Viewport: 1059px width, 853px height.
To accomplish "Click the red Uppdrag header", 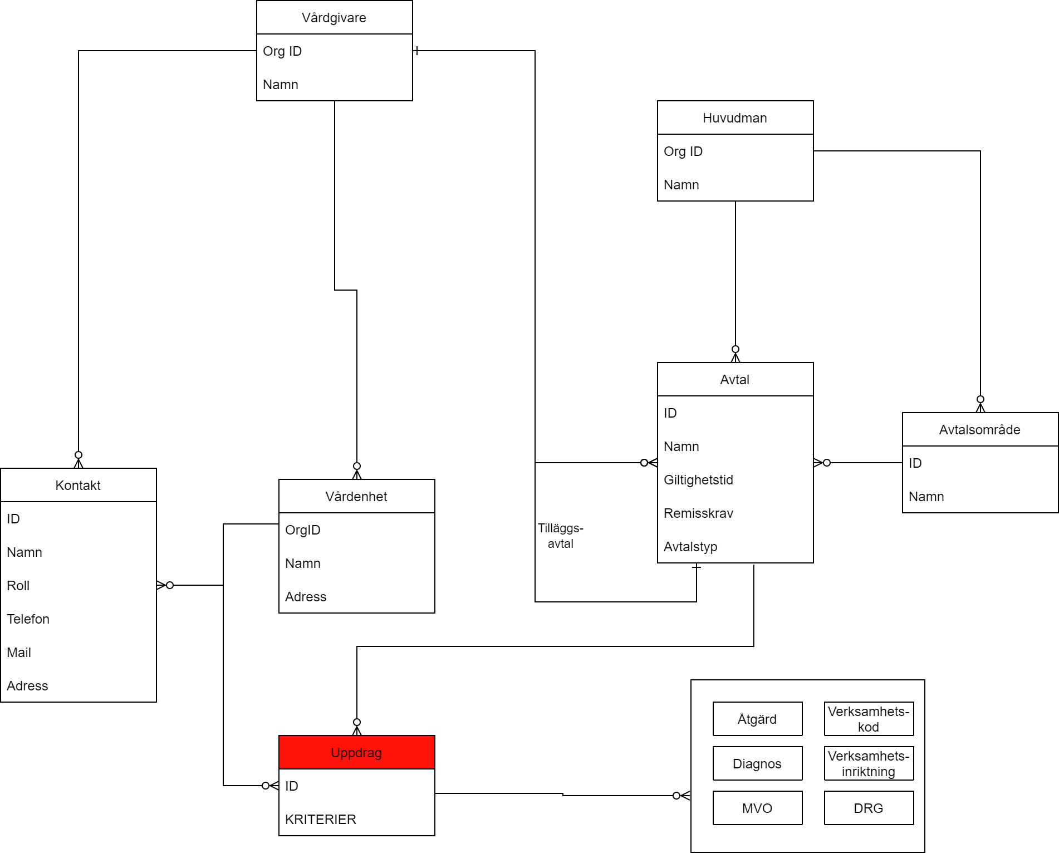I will point(356,752).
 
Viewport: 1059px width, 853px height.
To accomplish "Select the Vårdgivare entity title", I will point(334,18).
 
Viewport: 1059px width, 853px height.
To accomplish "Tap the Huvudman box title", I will point(735,118).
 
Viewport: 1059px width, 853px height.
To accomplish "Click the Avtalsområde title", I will point(980,430).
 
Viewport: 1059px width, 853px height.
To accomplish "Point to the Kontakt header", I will point(78,486).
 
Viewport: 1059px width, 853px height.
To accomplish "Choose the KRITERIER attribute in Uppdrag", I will point(321,819).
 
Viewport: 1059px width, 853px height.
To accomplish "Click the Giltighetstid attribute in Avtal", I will point(698,480).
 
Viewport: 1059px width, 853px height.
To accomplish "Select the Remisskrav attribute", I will point(698,513).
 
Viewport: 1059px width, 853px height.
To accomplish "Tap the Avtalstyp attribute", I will point(690,547).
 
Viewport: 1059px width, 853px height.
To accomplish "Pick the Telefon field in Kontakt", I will point(28,619).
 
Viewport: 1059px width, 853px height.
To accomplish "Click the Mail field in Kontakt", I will point(19,653).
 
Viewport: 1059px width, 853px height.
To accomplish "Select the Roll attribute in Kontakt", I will point(18,586).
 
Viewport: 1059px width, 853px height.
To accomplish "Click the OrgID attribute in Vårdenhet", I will point(303,530).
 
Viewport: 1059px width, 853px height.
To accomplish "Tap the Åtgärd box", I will point(757,719).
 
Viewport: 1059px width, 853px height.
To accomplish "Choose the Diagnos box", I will point(757,763).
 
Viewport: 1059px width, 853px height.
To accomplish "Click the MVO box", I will point(757,808).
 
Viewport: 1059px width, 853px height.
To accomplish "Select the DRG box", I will point(869,808).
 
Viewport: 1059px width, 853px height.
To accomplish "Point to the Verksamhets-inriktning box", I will point(869,763).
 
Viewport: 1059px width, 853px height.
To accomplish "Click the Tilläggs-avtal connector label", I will point(560,536).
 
